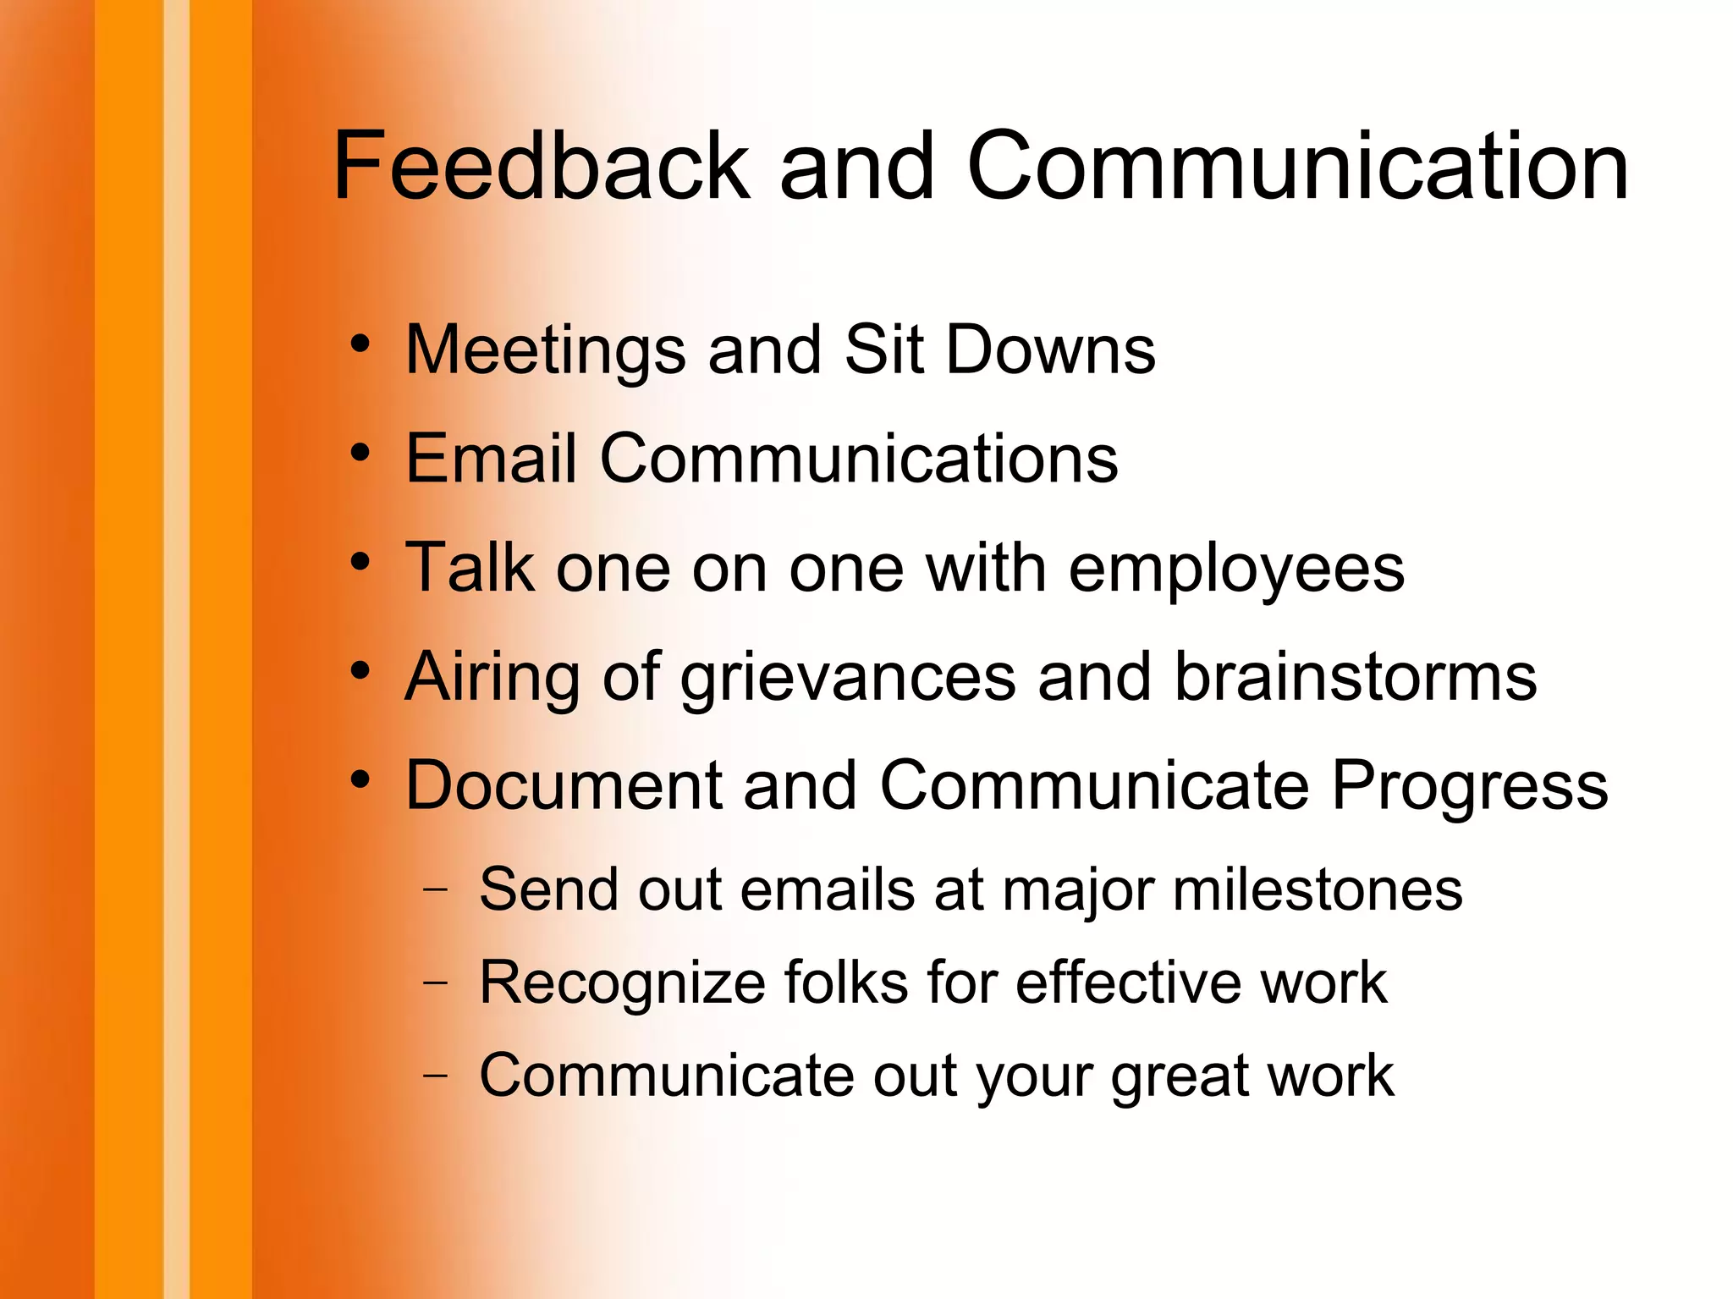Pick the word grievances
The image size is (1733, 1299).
[x=848, y=679]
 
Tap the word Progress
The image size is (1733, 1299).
[x=1470, y=787]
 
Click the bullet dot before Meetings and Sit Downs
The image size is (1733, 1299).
[x=360, y=344]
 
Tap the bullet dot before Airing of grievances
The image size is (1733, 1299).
[x=360, y=671]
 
